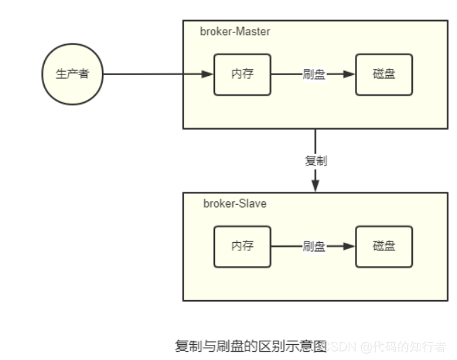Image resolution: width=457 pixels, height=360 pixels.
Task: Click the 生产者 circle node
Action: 72,74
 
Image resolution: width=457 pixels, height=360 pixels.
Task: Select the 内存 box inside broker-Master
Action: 242,73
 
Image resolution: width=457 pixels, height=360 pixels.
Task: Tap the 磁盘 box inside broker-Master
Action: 384,73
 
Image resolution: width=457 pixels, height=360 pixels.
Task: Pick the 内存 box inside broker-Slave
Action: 242,246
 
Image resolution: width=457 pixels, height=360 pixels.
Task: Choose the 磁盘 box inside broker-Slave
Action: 384,246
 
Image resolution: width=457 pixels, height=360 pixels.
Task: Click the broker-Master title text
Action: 235,32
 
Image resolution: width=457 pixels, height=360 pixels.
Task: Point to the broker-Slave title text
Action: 234,203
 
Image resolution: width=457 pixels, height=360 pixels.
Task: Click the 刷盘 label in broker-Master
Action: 314,74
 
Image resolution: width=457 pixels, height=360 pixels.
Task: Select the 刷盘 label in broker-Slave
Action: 314,246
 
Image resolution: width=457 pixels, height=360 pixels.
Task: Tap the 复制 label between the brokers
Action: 316,161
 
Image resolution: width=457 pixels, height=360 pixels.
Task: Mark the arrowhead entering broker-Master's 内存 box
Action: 207,74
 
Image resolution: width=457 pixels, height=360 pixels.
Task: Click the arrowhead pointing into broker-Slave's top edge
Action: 316,186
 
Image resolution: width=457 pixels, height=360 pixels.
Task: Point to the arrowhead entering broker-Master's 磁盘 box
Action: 349,74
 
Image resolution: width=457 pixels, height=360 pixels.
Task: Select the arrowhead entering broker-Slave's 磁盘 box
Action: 349,246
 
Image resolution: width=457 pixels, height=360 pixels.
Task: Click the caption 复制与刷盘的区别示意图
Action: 250,346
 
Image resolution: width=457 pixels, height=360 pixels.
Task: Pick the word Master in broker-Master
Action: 252,32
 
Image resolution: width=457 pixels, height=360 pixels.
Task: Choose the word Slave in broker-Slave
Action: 253,203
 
